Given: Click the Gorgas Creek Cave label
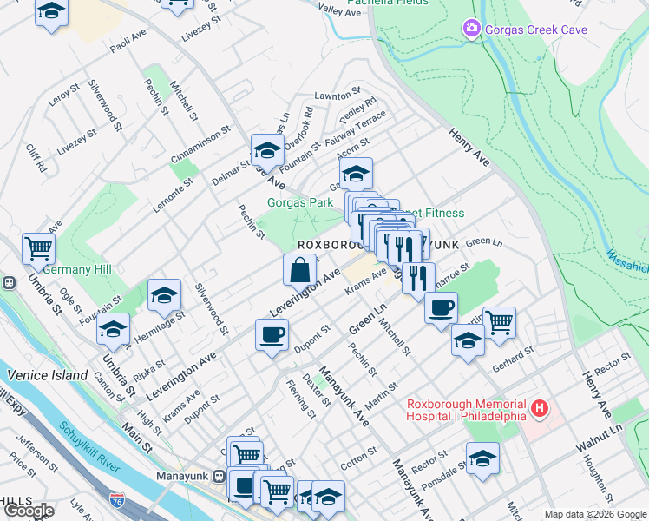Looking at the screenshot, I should pos(536,30).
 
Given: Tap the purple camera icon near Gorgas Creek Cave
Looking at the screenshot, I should pos(471,30).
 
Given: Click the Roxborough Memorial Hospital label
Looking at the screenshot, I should pos(467,409).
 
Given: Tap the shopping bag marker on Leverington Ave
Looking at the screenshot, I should pos(299,270).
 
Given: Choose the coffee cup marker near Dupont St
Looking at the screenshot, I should pos(272,335).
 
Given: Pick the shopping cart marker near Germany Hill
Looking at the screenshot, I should pos(38,250).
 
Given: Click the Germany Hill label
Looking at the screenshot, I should pos(78,270).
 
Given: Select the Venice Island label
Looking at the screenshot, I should pos(48,375).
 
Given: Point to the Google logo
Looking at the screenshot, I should pos(29,511).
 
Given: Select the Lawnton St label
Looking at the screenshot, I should pos(337,95).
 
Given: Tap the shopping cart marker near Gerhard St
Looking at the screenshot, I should pos(499,323).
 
